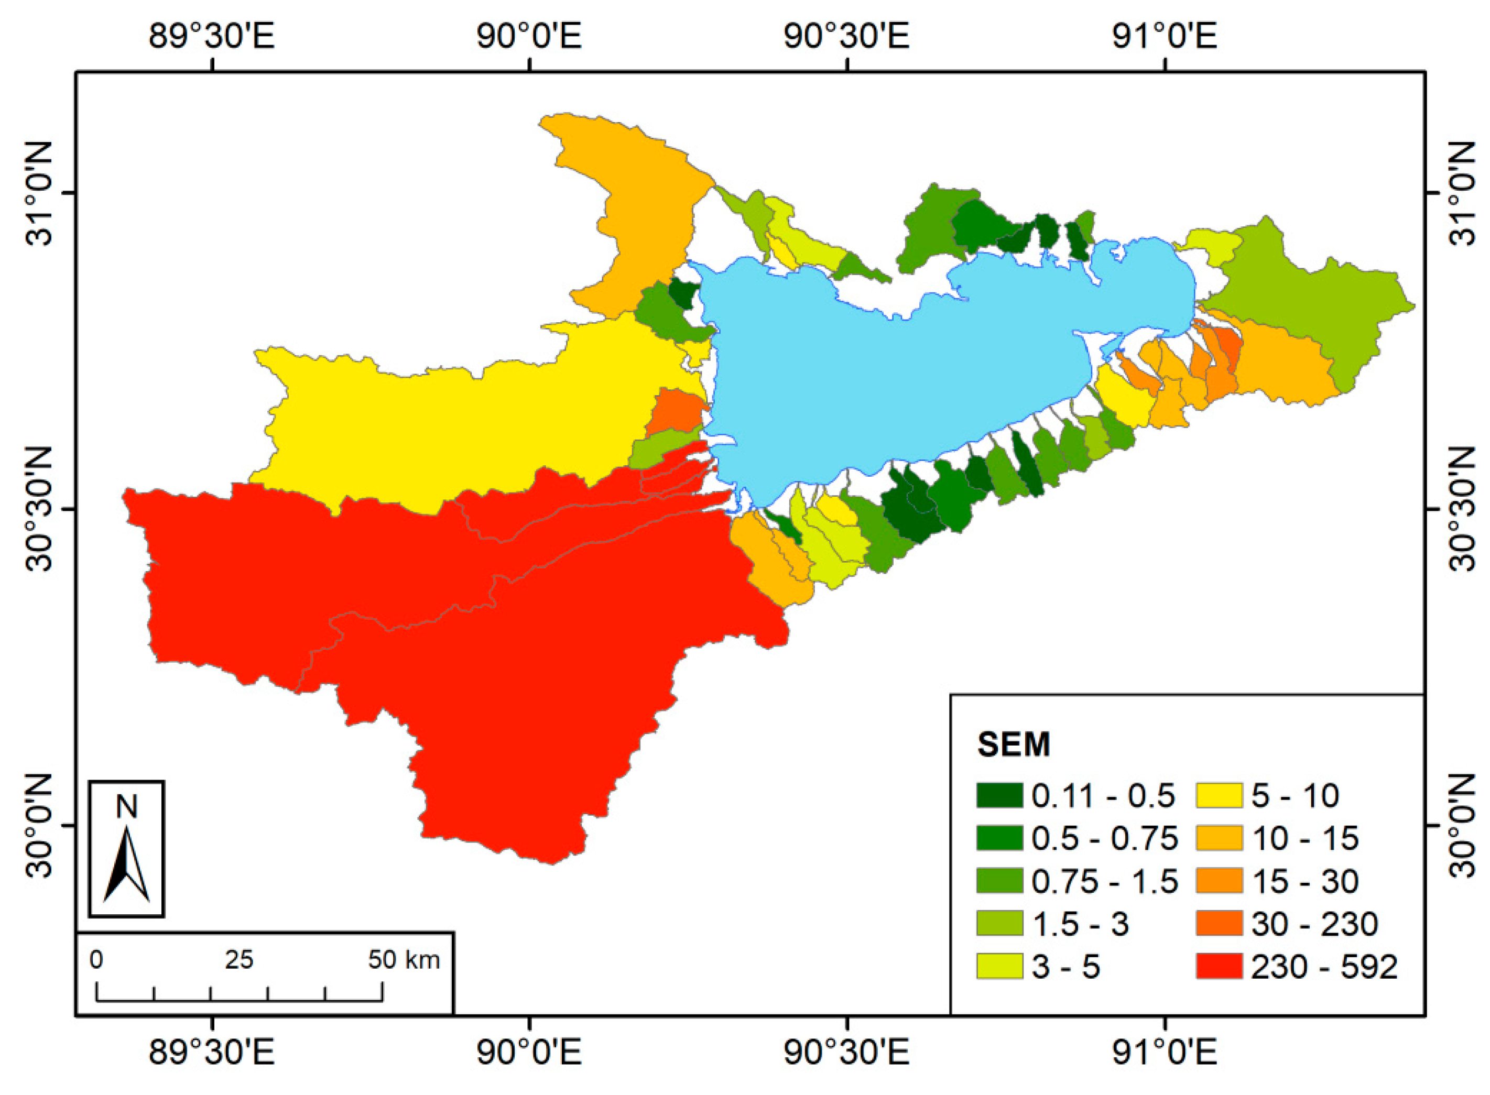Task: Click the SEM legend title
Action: click(x=1013, y=744)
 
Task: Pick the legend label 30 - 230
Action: click(x=1314, y=924)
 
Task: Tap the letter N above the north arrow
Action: click(x=126, y=807)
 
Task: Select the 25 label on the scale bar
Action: click(x=238, y=960)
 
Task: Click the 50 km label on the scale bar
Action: click(x=403, y=960)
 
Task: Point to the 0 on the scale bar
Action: click(x=97, y=960)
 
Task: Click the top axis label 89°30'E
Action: click(x=212, y=36)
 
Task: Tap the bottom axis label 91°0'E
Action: click(x=1165, y=1053)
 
